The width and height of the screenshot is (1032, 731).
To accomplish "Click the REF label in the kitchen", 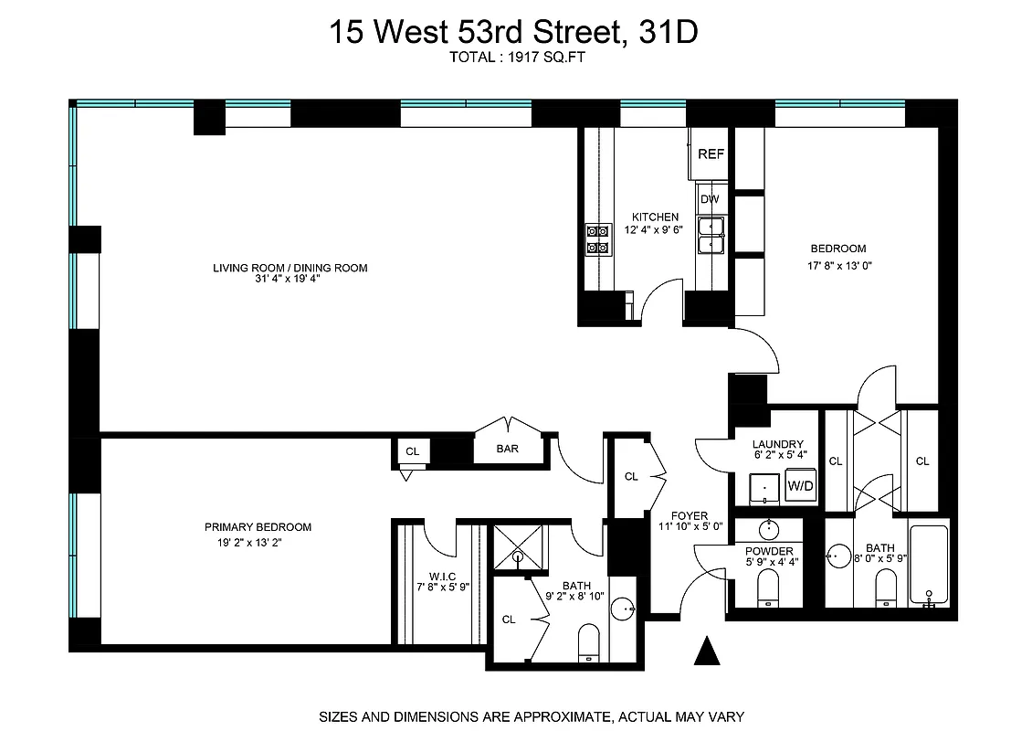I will pos(711,154).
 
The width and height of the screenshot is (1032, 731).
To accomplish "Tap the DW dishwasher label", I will pos(710,199).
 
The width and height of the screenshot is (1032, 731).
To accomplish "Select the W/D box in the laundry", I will pos(800,487).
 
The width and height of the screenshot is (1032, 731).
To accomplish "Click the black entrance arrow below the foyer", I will pos(706,652).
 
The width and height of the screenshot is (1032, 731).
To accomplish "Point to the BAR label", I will pos(508,450).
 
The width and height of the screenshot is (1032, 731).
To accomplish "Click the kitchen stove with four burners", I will pos(597,239).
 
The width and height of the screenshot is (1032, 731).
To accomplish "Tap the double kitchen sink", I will pos(711,235).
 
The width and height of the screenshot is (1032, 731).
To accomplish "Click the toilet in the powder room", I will pos(768,588).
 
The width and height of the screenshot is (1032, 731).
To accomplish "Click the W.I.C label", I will pos(431,576).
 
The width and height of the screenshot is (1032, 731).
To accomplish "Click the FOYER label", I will pos(690,516).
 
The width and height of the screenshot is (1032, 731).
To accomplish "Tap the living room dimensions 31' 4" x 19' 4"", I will pos(290,280).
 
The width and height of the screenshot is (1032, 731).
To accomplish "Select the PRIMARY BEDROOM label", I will pos(258,527).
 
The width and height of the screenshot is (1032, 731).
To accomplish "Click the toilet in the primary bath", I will pos(589,641).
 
